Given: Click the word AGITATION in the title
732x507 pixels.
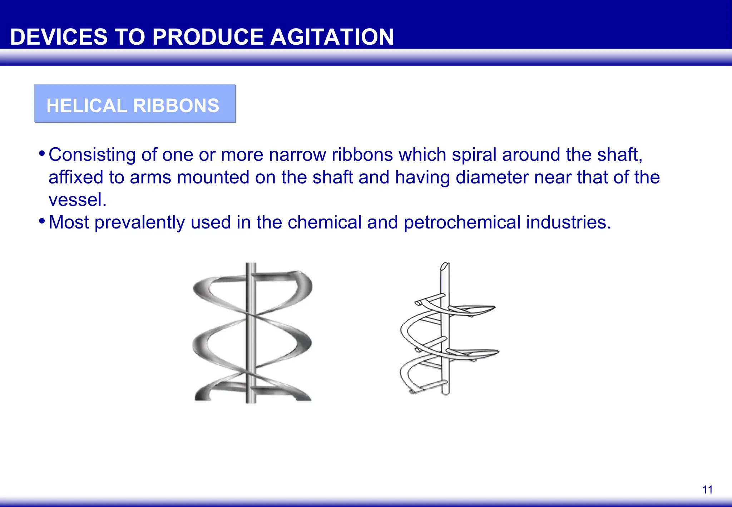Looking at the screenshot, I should pyautogui.click(x=332, y=37).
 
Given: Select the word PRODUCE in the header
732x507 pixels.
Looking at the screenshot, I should pyautogui.click(x=209, y=37).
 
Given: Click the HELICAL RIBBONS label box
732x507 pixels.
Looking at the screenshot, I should pyautogui.click(x=135, y=104).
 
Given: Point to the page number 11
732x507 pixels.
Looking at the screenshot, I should pyautogui.click(x=707, y=489).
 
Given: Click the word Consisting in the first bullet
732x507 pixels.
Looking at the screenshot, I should pyautogui.click(x=92, y=155).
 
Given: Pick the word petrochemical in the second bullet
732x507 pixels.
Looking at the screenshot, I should pyautogui.click(x=462, y=222).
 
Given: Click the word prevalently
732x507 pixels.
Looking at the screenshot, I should pyautogui.click(x=140, y=222).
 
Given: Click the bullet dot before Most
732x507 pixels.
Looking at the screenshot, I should pyautogui.click(x=42, y=221).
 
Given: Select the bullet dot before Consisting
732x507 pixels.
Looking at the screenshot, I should pyautogui.click(x=42, y=154).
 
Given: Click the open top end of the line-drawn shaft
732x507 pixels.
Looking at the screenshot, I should pyautogui.click(x=445, y=266).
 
